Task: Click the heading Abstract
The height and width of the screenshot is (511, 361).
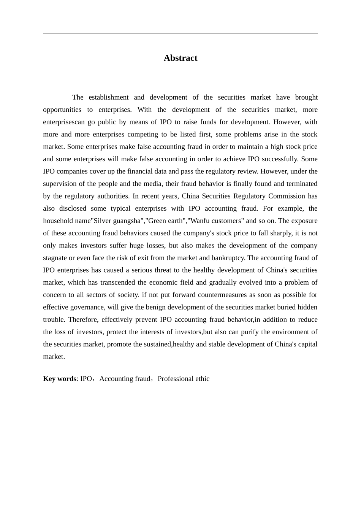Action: click(180, 58)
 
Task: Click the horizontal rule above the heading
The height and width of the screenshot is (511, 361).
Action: click(180, 33)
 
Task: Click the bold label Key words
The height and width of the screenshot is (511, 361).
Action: click(60, 379)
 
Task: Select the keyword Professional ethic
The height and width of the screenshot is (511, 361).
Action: click(184, 379)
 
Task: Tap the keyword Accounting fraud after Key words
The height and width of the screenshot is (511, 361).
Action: click(125, 379)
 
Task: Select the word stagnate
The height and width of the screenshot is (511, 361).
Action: click(55, 258)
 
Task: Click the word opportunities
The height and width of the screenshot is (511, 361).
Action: click(62, 110)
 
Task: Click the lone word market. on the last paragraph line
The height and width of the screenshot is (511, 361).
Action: click(54, 357)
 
